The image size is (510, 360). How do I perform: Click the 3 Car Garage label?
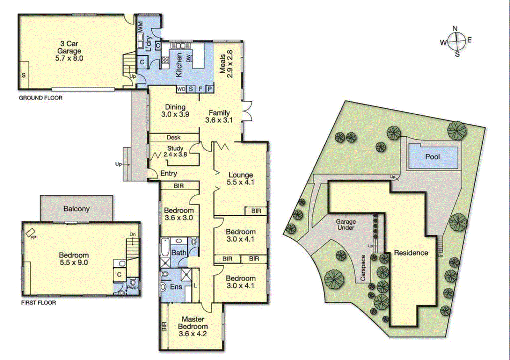pos(69,51)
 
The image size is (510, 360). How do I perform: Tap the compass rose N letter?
pos(455,28)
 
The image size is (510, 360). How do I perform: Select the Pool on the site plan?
pos(433,156)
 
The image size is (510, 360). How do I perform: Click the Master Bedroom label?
pos(193,326)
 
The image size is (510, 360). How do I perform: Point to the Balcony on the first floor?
pos(76,209)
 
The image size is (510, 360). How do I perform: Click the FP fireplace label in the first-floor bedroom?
pos(33,237)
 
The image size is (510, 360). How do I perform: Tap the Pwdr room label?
pos(132,287)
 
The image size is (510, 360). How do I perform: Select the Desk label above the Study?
pos(173,137)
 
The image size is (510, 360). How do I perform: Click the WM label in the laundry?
pos(140,27)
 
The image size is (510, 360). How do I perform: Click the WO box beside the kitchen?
pos(181,89)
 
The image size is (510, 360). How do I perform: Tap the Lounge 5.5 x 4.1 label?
pos(241,178)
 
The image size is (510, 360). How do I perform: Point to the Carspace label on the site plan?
pos(363,268)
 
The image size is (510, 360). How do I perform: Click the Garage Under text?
pos(346,224)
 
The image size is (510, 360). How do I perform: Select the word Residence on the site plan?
pos(411,253)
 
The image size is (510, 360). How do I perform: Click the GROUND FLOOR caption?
pos(40,98)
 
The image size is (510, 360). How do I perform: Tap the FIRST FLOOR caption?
pos(38,303)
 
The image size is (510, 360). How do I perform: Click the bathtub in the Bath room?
pos(165,248)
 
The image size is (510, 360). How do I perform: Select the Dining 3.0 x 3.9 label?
pos(175,111)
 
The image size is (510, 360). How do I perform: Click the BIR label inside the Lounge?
pos(256,211)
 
